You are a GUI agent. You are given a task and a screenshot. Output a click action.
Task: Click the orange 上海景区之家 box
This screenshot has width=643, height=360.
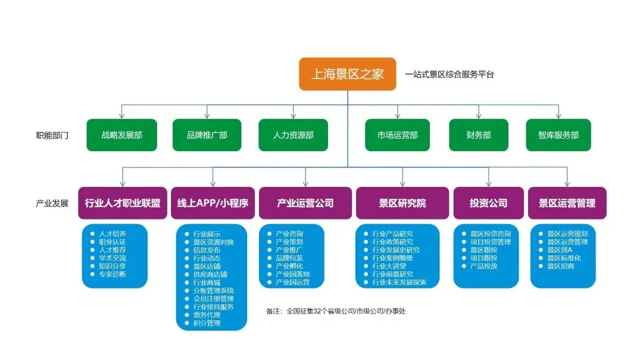[347, 74]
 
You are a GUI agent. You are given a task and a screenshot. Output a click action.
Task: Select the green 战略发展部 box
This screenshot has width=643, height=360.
[121, 135]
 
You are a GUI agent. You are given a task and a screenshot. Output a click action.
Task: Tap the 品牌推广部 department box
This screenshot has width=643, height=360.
[207, 135]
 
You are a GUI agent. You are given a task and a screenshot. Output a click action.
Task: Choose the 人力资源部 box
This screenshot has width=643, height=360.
[294, 135]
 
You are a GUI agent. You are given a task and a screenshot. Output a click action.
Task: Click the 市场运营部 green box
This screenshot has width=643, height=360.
[397, 135]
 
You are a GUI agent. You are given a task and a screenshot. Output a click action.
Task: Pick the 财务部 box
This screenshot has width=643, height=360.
[479, 135]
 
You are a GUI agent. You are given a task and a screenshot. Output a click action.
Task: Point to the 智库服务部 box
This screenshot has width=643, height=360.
[558, 135]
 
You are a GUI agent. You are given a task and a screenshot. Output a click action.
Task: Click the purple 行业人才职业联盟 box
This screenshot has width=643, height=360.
[123, 203]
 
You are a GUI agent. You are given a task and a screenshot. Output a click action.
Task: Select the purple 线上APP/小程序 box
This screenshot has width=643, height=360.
[213, 203]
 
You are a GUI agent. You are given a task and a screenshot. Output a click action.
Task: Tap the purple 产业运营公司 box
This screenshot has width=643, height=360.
[305, 203]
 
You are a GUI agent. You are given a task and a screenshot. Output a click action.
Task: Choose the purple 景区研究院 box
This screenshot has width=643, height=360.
[402, 203]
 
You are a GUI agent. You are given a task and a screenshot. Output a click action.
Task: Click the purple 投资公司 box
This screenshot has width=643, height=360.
[488, 203]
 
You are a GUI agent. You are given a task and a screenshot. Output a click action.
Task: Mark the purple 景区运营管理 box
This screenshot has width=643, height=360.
[567, 203]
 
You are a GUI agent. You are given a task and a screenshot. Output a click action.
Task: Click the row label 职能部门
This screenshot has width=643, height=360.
[52, 136]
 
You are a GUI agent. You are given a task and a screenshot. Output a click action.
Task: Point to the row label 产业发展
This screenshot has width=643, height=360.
[52, 204]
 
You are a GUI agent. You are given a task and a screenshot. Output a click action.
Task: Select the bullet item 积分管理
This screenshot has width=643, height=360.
[207, 323]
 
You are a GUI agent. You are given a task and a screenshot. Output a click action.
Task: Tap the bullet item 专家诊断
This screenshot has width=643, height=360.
[112, 274]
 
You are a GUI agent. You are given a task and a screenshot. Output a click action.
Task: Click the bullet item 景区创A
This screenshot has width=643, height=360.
[560, 250]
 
